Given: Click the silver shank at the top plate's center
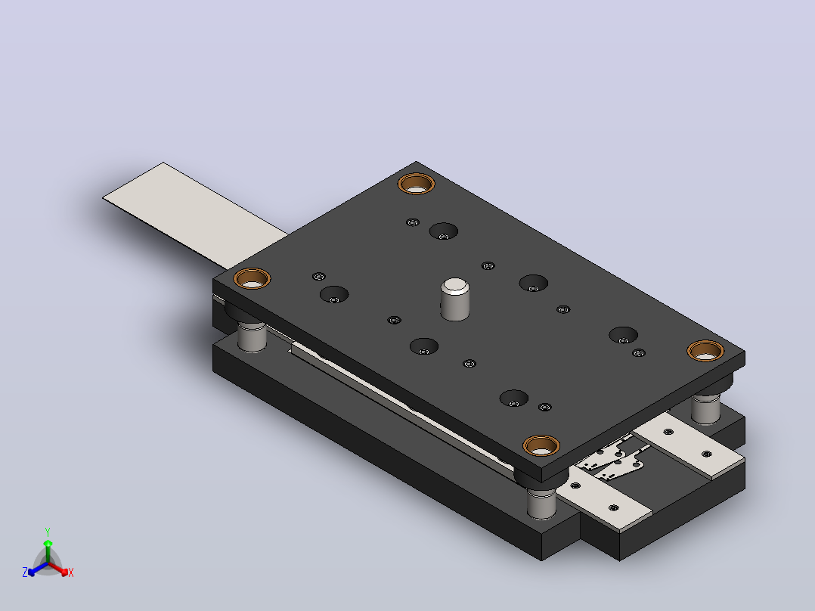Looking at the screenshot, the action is point(455,299).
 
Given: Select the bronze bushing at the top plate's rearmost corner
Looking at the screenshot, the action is point(417,184).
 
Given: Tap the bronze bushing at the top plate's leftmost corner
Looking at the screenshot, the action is point(252,279).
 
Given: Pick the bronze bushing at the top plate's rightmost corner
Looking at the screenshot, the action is point(705,351).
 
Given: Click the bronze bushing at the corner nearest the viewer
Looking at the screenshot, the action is point(541,445).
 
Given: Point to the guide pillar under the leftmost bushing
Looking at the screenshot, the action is point(252,337).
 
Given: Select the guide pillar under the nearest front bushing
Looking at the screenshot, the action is point(541,503).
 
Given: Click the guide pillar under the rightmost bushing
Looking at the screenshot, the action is point(706,408).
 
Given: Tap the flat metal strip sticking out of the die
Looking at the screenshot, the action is point(195,216).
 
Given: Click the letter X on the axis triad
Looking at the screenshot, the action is point(71,572).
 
